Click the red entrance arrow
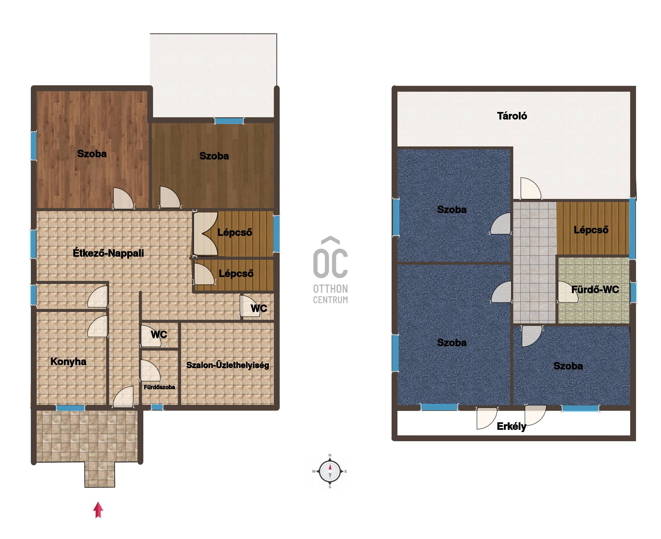click(98, 510)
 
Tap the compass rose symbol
click(330, 471)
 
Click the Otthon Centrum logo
click(330, 269)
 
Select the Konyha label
click(68, 361)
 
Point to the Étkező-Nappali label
click(108, 253)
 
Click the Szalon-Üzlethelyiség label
click(227, 365)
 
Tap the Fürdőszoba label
click(159, 387)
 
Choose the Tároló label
click(512, 116)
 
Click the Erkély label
click(511, 426)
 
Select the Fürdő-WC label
click(595, 290)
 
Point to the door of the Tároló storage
click(530, 188)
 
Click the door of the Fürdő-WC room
click(568, 292)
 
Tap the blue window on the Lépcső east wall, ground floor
click(276, 234)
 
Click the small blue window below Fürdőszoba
click(157, 407)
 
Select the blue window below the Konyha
click(71, 408)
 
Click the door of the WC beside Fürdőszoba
click(151, 336)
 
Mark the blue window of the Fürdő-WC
click(633, 292)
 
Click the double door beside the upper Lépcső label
click(205, 233)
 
